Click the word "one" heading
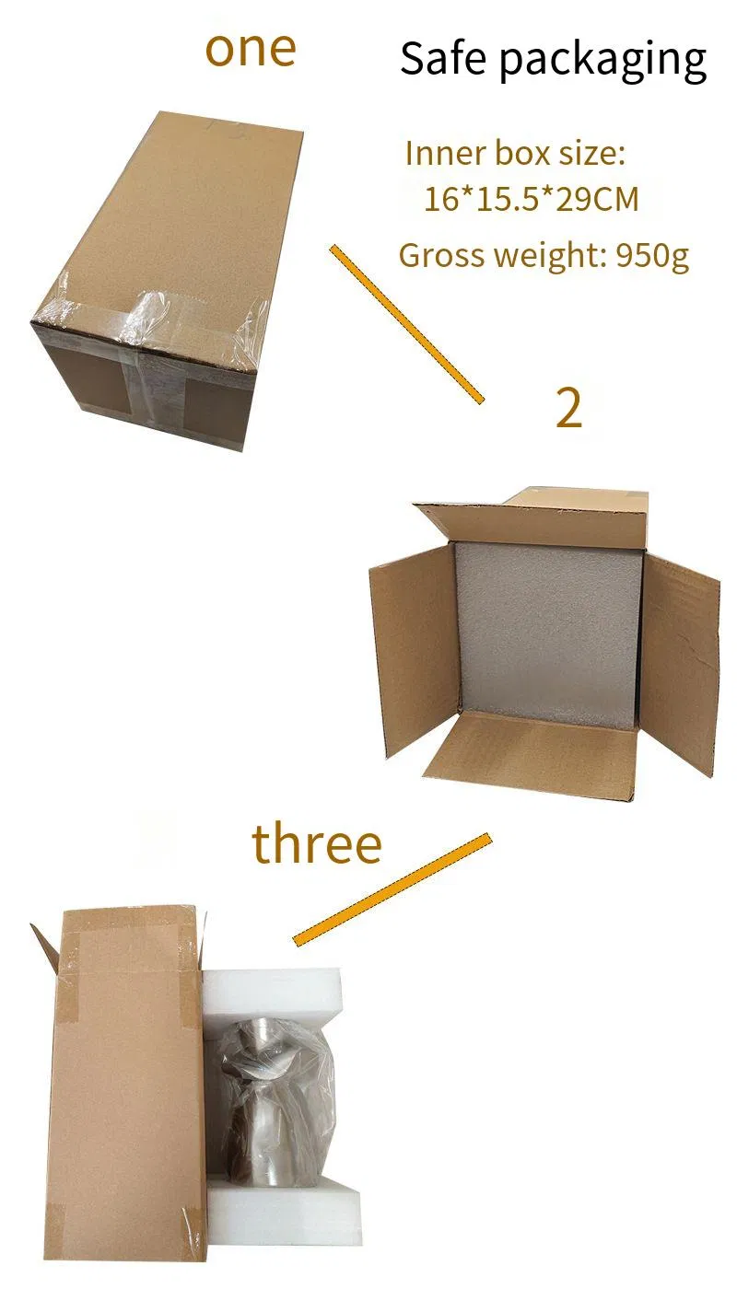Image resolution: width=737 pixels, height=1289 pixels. point(251,50)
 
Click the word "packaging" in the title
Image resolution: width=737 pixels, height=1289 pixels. point(602,62)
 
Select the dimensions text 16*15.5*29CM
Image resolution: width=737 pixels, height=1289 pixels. point(531,199)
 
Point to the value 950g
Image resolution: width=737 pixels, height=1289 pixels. point(652,256)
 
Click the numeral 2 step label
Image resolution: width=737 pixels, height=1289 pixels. point(569,407)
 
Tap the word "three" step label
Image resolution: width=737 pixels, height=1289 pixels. point(317,844)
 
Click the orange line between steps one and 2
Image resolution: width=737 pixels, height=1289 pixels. point(406,324)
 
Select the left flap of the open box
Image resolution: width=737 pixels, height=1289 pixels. point(415,650)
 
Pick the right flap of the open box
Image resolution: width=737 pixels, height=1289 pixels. point(680,662)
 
